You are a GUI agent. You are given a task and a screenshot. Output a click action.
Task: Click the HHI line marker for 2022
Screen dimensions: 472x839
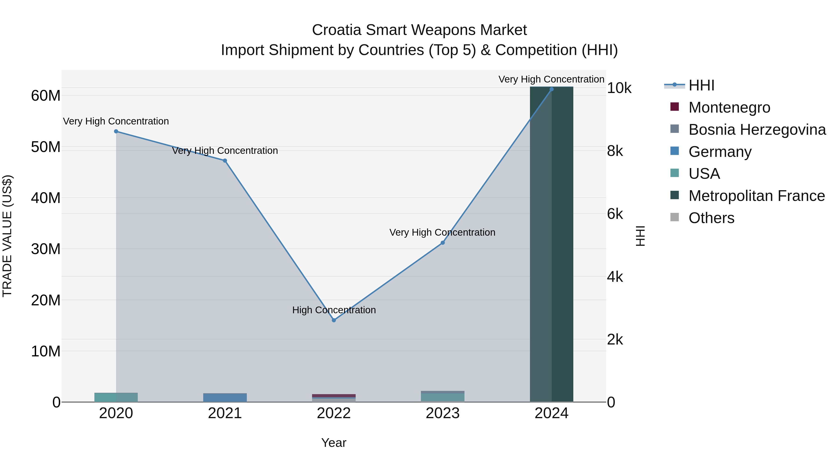point(334,320)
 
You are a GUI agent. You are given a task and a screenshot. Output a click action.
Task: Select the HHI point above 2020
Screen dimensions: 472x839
point(116,131)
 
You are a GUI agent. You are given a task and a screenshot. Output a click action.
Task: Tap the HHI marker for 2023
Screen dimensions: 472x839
point(443,243)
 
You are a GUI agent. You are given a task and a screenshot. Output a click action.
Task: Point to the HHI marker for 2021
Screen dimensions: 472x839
point(225,161)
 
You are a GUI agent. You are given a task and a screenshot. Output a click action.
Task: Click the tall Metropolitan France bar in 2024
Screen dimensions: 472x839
point(551,244)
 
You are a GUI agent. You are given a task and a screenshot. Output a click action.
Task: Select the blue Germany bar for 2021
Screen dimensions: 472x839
point(225,397)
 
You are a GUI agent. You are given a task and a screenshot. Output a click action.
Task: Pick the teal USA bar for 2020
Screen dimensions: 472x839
point(116,397)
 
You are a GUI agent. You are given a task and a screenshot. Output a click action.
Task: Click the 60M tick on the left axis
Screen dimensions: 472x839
point(46,96)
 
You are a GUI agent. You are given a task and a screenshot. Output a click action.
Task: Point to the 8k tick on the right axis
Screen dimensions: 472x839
point(615,151)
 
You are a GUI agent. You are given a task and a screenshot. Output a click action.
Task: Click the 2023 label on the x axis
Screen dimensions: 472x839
point(443,413)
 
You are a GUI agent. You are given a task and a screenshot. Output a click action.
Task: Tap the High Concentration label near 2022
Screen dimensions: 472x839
point(334,310)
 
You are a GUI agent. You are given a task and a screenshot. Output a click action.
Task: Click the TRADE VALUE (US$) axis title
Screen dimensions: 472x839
point(7,236)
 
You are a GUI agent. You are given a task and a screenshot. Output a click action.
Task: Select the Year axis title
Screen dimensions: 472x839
point(334,443)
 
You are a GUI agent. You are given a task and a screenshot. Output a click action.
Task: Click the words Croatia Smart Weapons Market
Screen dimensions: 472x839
point(419,30)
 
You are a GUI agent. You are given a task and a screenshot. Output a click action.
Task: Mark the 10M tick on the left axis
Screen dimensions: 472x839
point(46,351)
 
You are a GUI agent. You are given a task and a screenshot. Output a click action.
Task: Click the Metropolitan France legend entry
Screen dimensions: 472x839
point(756,196)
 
